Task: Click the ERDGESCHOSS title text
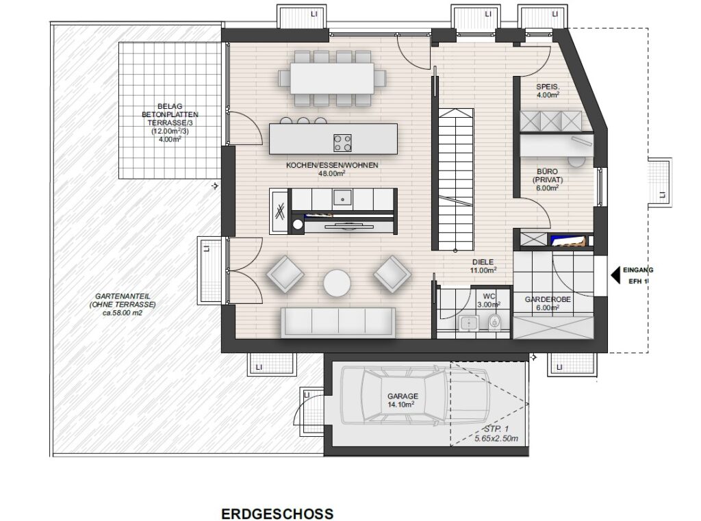(277, 513)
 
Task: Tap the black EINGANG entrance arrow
(615, 275)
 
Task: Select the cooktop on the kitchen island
(342, 142)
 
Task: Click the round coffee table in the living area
(337, 283)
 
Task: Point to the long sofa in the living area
(338, 322)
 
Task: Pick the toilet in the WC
(494, 322)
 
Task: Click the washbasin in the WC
(468, 322)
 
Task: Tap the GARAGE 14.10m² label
(403, 401)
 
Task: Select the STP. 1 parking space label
(496, 434)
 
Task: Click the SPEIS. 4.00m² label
(548, 91)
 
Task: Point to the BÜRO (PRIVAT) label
(548, 180)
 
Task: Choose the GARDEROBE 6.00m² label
(548, 303)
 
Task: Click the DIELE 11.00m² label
(483, 266)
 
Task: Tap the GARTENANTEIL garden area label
(123, 305)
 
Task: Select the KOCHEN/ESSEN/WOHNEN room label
(332, 169)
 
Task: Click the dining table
(332, 78)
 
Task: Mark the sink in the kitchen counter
(342, 197)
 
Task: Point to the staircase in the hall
(455, 179)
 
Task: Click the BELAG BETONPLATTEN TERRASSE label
(170, 123)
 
